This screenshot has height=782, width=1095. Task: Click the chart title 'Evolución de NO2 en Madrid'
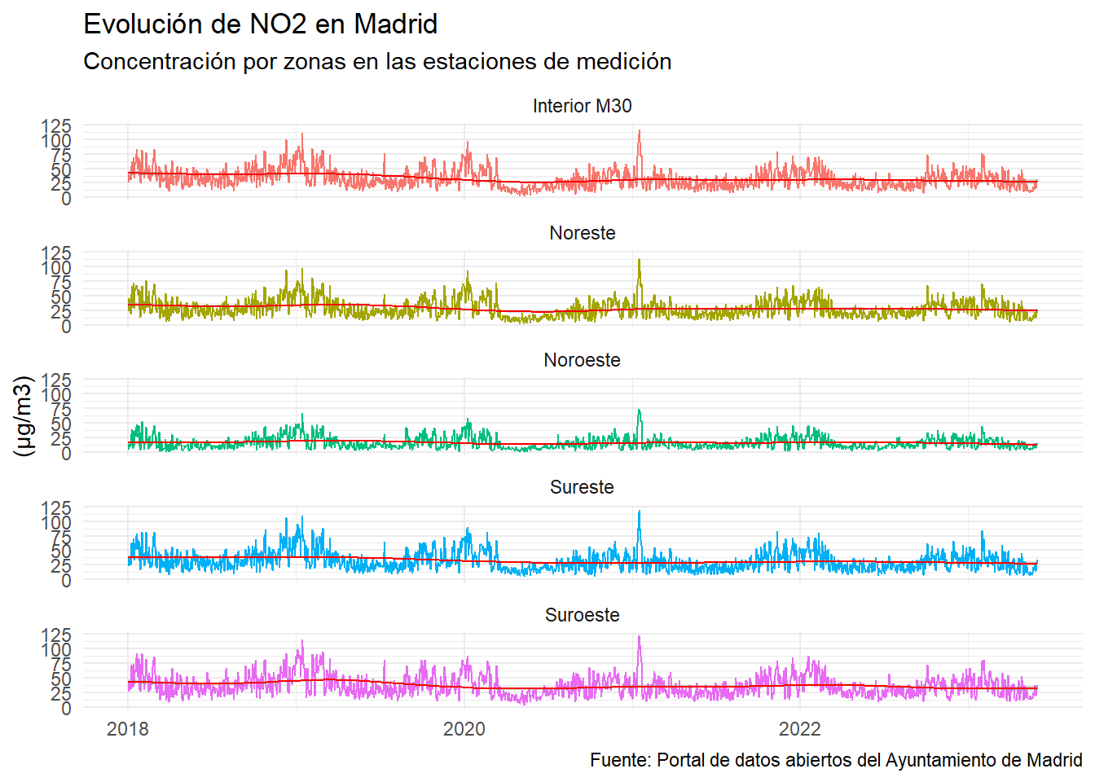261,24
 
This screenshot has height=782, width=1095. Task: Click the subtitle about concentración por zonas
377,62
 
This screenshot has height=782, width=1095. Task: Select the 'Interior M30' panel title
582,106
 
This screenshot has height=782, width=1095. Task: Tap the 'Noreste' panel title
582,233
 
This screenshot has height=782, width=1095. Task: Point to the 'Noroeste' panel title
582,360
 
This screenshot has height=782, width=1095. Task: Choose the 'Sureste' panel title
582,487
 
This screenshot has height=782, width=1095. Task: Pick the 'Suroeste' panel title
582,615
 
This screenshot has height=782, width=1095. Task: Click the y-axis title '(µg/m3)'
24,415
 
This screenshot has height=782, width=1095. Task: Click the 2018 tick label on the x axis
128,729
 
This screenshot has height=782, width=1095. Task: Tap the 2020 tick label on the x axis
464,729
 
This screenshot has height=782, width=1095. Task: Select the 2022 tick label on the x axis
799,729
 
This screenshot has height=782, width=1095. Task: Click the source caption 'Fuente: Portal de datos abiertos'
836,760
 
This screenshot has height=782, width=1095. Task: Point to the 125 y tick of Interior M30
56,126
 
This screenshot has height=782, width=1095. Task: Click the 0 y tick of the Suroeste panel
66,708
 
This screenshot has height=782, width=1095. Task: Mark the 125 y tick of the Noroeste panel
56,380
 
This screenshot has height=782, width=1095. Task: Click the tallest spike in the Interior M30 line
640,131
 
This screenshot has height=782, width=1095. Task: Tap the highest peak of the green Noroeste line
640,410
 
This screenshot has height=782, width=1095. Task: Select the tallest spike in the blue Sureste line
640,512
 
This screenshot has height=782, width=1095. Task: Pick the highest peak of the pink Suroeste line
640,637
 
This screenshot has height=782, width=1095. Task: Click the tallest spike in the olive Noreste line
640,260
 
